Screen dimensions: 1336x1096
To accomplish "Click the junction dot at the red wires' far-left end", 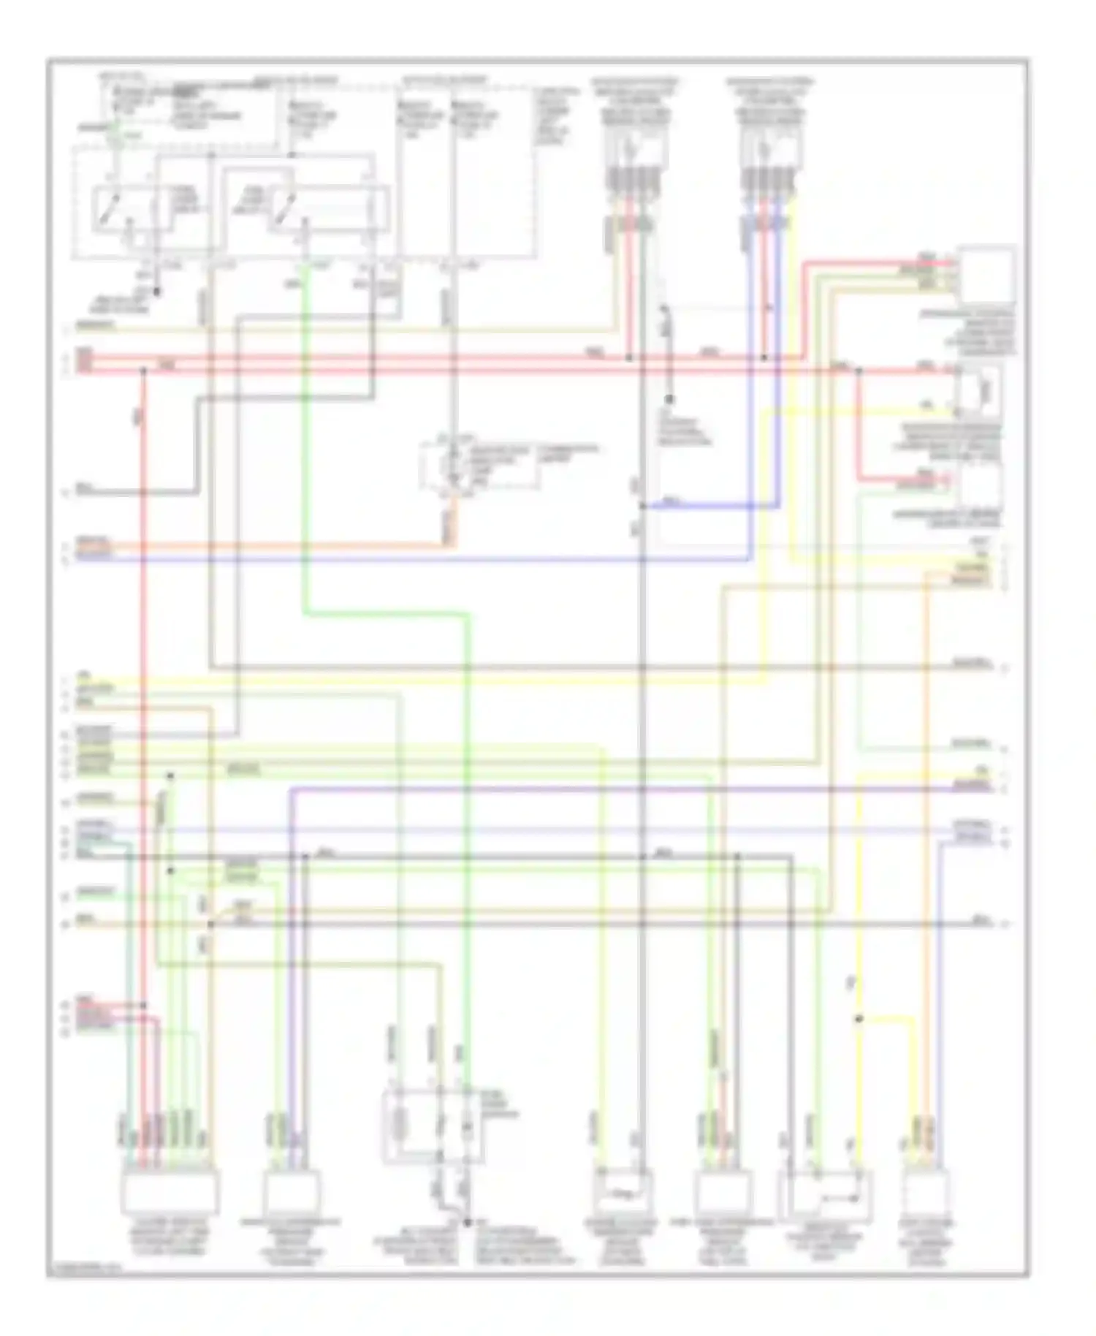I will (x=143, y=371).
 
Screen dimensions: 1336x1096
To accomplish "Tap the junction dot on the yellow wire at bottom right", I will (x=859, y=1018).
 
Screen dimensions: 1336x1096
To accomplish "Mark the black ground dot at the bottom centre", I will (x=468, y=1222).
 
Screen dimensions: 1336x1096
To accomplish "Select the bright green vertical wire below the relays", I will (x=303, y=439).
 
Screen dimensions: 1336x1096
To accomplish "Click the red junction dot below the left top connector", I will (x=628, y=358).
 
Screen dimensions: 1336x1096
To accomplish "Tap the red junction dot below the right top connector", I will (x=764, y=358).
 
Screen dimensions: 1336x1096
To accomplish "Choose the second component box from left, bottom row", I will (x=291, y=1192).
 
